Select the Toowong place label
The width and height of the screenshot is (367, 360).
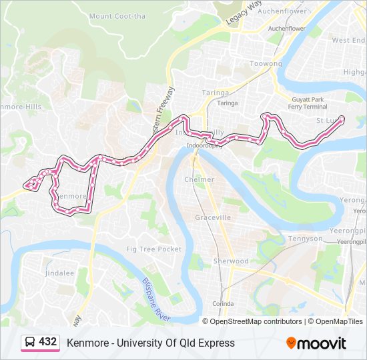[266, 64]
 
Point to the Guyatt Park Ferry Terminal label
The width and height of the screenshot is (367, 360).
[308, 103]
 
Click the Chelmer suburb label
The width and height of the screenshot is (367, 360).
[199, 179]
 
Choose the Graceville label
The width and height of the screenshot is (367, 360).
[213, 218]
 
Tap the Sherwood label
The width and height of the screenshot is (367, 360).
[230, 261]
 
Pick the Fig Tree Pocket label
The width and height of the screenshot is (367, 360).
[154, 249]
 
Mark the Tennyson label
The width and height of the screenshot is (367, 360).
[305, 239]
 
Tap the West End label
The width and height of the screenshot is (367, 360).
[349, 41]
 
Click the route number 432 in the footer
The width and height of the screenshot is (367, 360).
[47, 342]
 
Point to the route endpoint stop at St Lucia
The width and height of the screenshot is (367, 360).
[342, 119]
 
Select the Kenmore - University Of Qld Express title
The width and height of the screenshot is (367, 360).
[151, 343]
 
